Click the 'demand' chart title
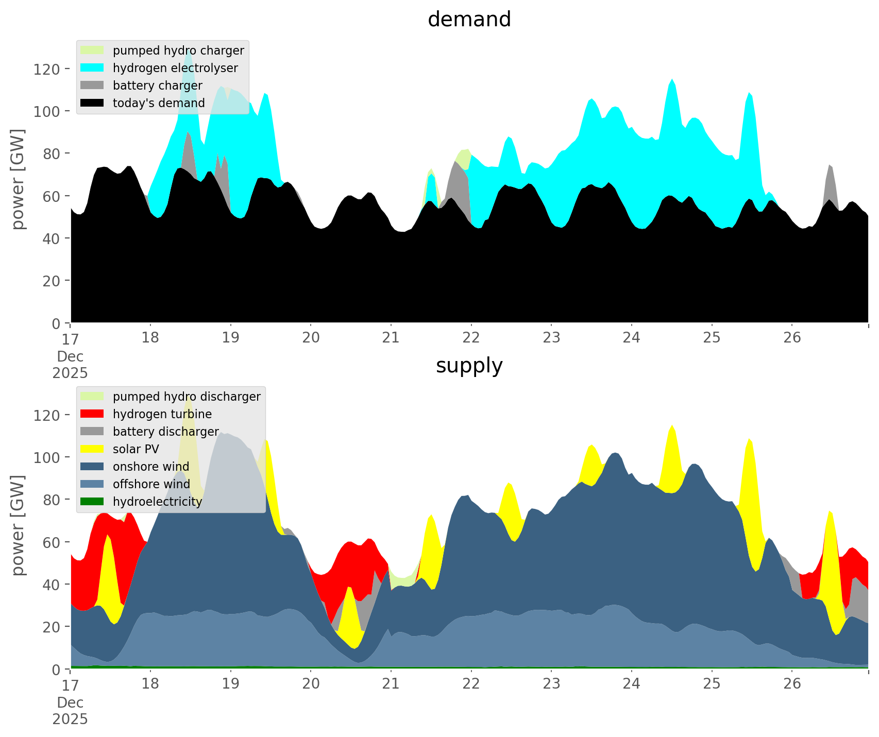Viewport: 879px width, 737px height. (x=469, y=20)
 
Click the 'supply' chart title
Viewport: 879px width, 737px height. (x=469, y=366)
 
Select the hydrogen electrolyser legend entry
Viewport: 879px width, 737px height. (x=175, y=68)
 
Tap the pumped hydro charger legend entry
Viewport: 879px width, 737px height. (x=178, y=50)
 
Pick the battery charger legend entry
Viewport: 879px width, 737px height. (x=157, y=85)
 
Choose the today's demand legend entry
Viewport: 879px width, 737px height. (x=159, y=103)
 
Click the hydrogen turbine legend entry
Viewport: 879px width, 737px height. (x=162, y=414)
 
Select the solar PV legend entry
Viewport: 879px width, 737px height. (x=136, y=449)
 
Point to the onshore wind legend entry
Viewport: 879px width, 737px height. (x=151, y=467)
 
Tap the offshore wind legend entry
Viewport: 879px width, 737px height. (x=151, y=484)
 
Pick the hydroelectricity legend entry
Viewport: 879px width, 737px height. (x=157, y=502)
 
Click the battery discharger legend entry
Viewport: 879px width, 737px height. (x=166, y=432)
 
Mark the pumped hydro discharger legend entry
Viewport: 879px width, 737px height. (x=187, y=397)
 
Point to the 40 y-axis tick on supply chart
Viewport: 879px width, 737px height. (x=50, y=585)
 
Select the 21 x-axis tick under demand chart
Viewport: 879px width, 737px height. (x=391, y=338)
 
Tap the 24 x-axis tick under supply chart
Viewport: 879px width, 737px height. (x=632, y=684)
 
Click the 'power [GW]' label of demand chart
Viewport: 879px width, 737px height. (x=19, y=179)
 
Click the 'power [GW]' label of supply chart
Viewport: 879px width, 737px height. (x=19, y=525)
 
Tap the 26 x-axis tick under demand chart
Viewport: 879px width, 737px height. (x=792, y=338)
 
